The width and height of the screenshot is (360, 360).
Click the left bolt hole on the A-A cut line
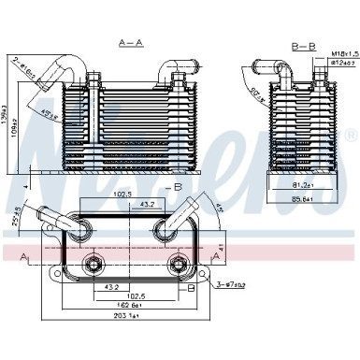94,264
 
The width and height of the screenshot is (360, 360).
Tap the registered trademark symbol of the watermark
349,137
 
